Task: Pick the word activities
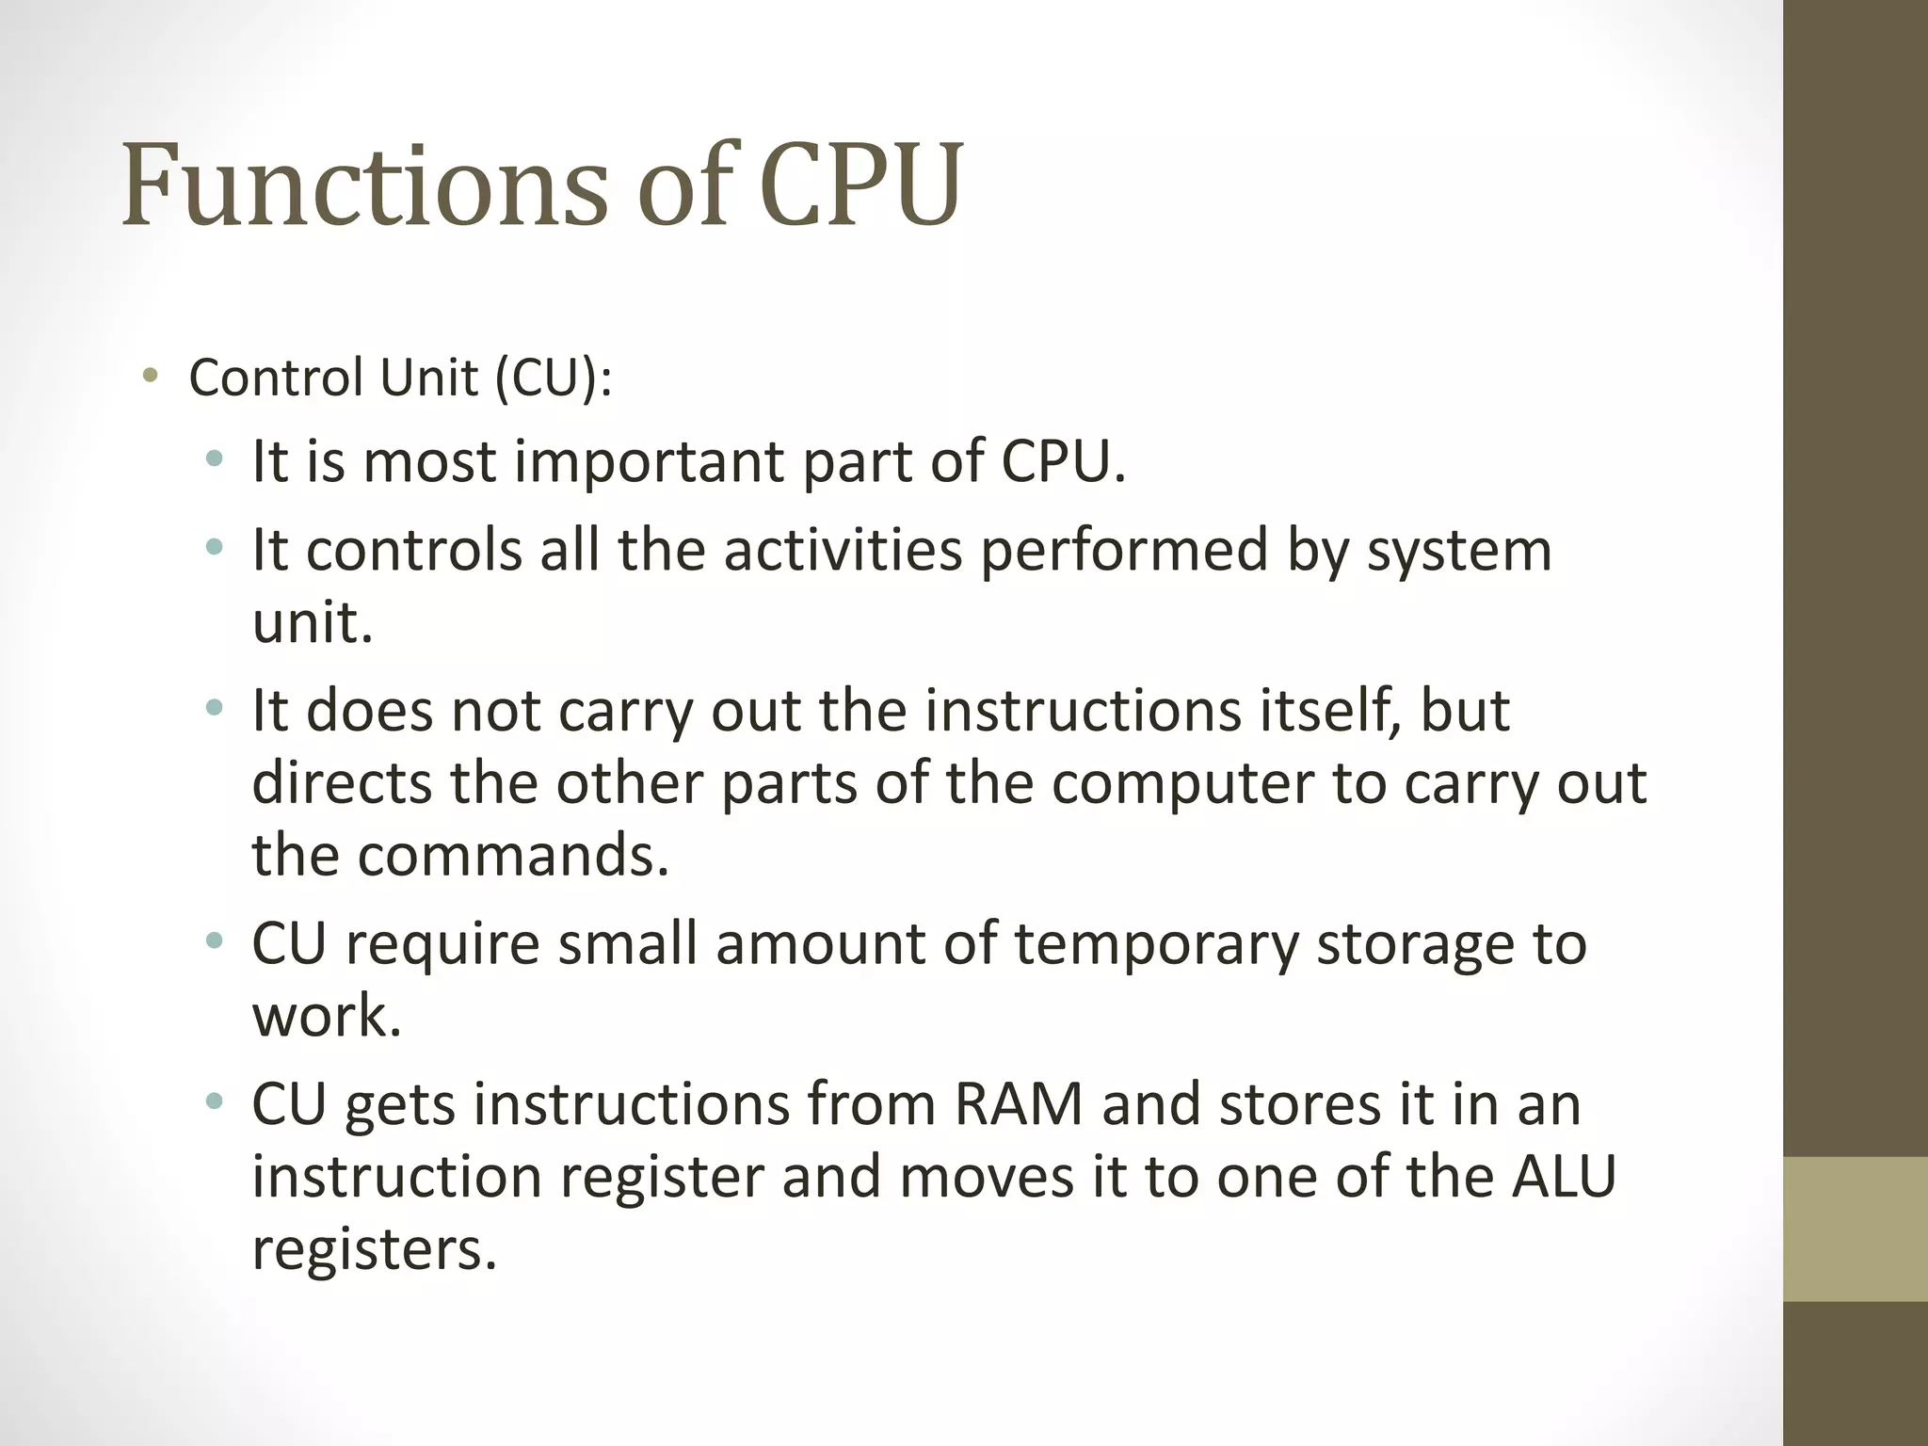click(843, 550)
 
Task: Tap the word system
click(1458, 550)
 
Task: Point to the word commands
click(512, 855)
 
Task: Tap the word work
click(327, 1017)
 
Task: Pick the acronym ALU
click(1564, 1177)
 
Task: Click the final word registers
click(374, 1249)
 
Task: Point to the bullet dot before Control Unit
click(150, 378)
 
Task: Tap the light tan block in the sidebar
click(1856, 1229)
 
